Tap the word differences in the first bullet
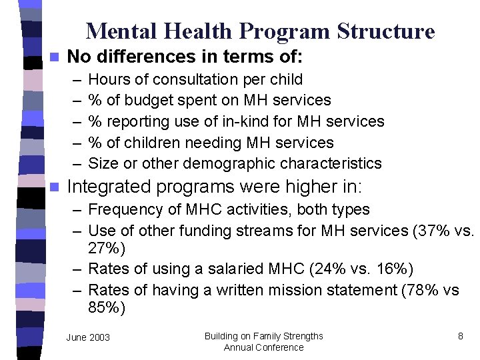tap(145, 55)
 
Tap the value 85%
tap(103, 309)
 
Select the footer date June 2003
tap(88, 338)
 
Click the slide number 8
tap(461, 336)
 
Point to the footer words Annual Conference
tap(263, 347)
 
